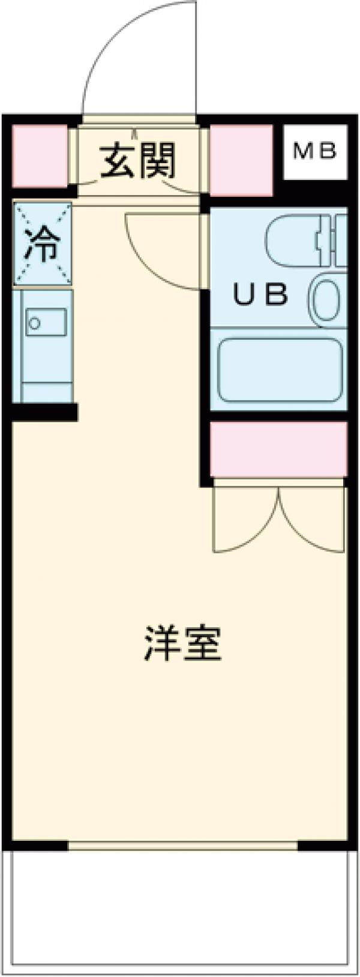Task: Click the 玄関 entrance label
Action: pyautogui.click(x=137, y=161)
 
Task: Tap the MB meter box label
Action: pyautogui.click(x=315, y=152)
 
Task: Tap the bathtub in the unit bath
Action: pyautogui.click(x=280, y=370)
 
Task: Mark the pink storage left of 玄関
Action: pyautogui.click(x=40, y=155)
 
